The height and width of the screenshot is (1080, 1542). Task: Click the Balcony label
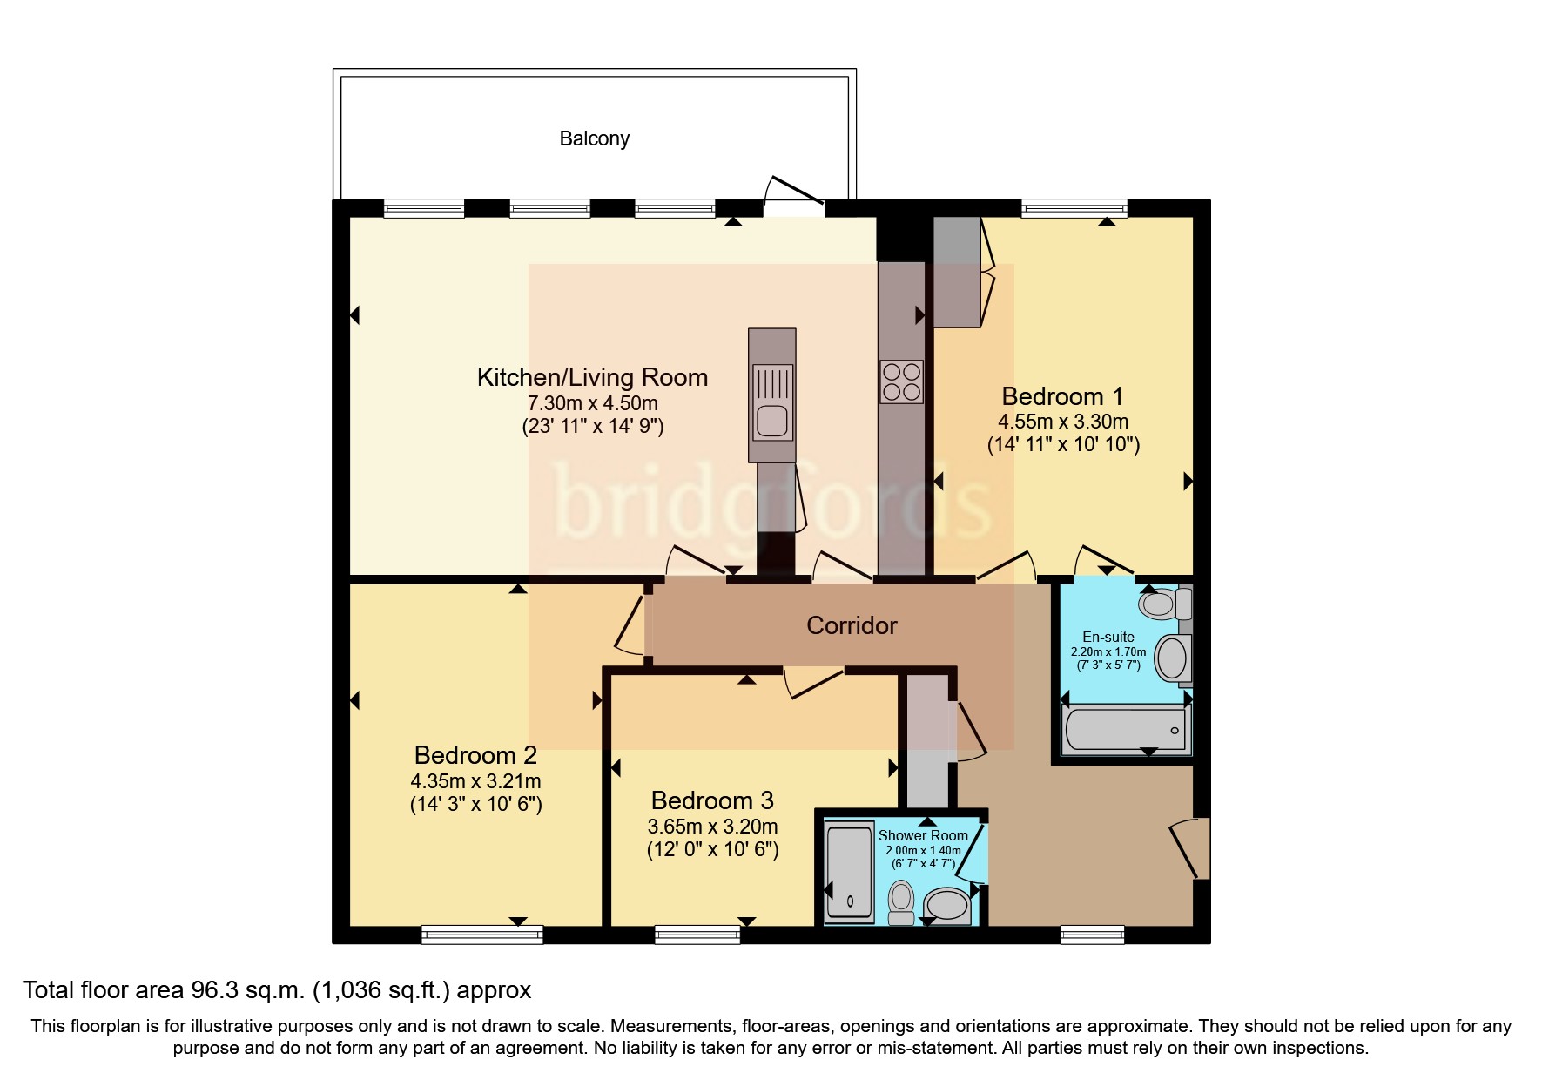pyautogui.click(x=594, y=138)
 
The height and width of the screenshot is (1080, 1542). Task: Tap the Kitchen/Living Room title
pyautogui.click(x=592, y=377)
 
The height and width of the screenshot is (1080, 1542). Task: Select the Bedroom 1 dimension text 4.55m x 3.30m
pyautogui.click(x=1063, y=422)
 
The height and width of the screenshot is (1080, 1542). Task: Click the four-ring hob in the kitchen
pyautogui.click(x=901, y=381)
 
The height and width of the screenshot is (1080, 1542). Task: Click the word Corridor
pyautogui.click(x=852, y=625)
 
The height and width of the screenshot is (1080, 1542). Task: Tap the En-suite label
pyautogui.click(x=1108, y=637)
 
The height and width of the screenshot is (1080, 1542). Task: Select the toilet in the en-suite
pyautogui.click(x=1165, y=602)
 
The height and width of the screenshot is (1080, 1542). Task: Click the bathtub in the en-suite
pyautogui.click(x=1125, y=730)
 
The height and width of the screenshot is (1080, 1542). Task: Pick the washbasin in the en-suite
pyautogui.click(x=1173, y=658)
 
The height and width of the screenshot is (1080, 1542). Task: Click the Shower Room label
pyautogui.click(x=923, y=835)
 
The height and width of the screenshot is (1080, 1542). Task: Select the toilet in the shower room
pyautogui.click(x=901, y=902)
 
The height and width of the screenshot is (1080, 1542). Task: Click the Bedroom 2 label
pyautogui.click(x=475, y=755)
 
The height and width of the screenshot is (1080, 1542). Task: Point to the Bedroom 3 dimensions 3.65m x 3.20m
pyautogui.click(x=712, y=827)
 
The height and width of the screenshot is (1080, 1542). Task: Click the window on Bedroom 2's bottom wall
pyautogui.click(x=482, y=935)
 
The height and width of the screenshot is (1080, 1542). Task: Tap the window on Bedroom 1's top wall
pyautogui.click(x=1074, y=208)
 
